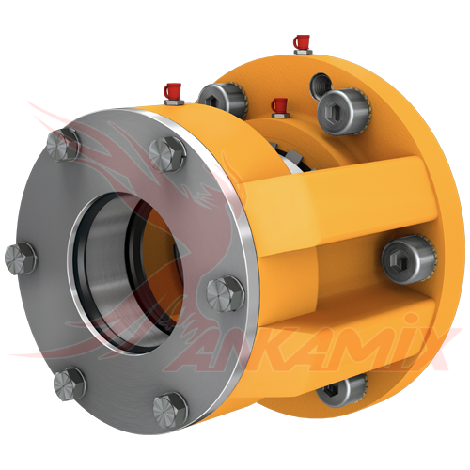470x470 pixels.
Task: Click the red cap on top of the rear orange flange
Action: click(x=302, y=42)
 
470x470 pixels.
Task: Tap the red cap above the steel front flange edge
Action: click(x=172, y=91)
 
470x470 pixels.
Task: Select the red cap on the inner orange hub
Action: click(x=279, y=105)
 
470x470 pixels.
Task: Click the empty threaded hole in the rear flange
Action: click(x=321, y=85)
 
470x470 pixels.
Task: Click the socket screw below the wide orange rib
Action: click(x=409, y=259)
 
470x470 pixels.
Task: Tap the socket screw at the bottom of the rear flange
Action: click(x=341, y=391)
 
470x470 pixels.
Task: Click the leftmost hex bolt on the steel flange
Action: click(x=21, y=258)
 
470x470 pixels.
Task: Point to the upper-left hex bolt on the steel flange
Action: click(x=63, y=145)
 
